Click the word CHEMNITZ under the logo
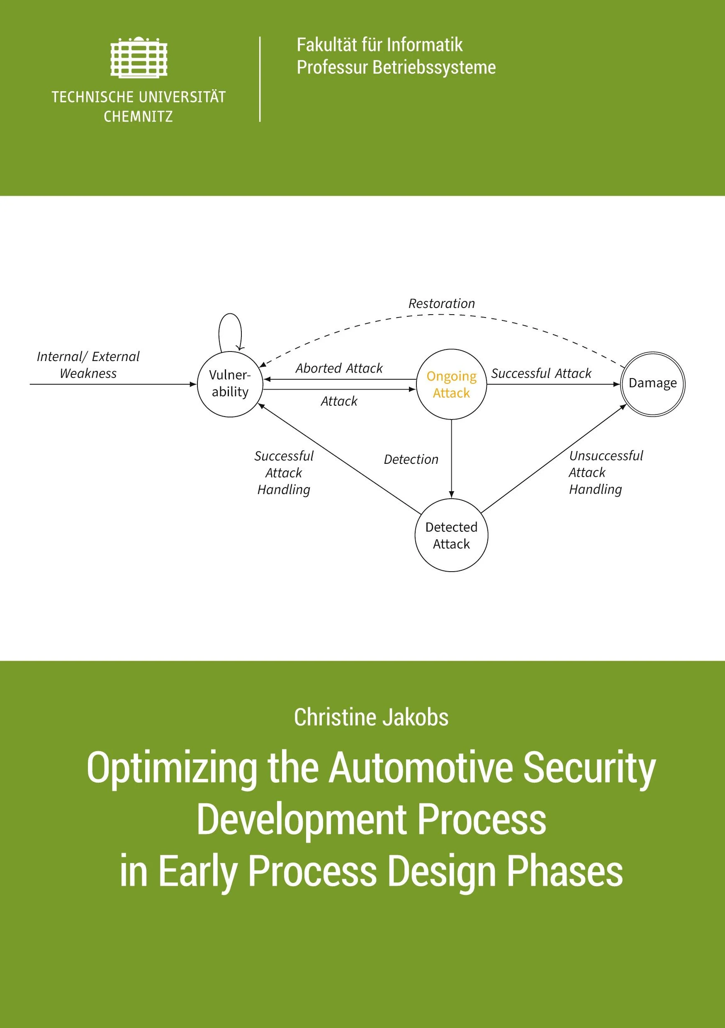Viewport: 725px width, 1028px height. (139, 117)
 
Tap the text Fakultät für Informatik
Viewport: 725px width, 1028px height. (380, 45)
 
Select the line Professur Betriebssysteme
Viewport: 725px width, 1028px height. (396, 67)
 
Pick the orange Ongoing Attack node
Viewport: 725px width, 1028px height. (451, 384)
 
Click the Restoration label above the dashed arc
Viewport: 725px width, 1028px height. (441, 303)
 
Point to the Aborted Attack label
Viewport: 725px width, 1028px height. (339, 369)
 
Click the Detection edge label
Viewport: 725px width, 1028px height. (411, 459)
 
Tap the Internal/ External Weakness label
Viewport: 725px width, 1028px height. (88, 365)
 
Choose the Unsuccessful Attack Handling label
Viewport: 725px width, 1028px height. (606, 473)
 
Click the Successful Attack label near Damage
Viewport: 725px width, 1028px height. (541, 373)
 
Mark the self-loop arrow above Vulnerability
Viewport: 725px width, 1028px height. (230, 313)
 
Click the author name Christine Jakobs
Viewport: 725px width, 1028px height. (371, 717)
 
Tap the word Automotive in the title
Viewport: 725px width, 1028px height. (421, 769)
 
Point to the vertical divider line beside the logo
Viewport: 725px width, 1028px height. (260, 79)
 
